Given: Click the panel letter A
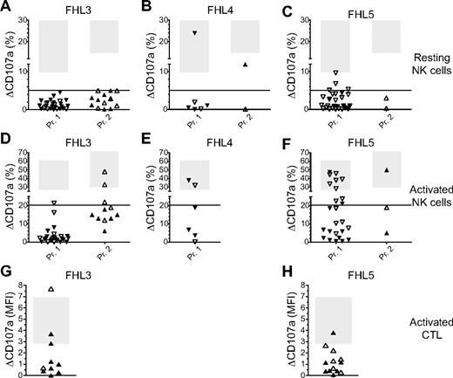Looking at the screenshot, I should pos(6,7).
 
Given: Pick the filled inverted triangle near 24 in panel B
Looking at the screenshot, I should pos(195,33).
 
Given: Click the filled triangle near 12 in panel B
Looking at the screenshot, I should pos(246,65).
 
